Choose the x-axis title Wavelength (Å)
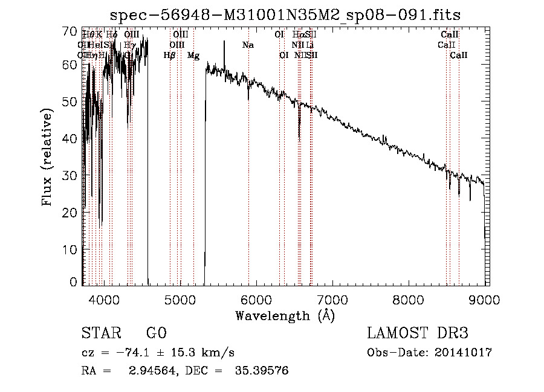click(284, 315)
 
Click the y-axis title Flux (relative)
click(48, 156)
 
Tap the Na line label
click(248, 45)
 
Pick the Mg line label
click(193, 56)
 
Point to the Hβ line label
click(170, 56)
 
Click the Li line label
click(309, 45)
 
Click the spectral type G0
click(156, 333)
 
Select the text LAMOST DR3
click(417, 333)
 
